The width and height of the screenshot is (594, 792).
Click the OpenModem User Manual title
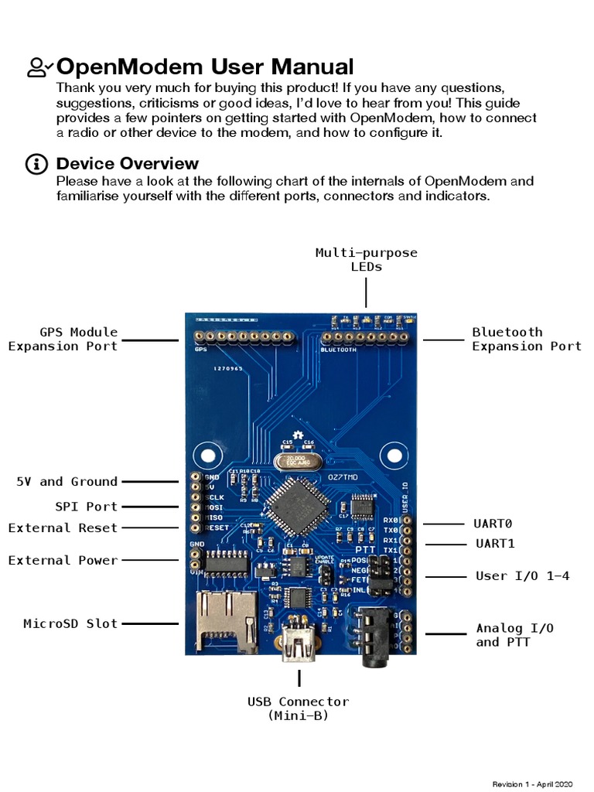(205, 67)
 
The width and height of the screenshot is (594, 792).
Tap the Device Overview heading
(128, 163)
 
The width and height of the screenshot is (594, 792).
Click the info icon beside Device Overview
(36, 164)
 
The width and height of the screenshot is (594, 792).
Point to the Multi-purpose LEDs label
(366, 259)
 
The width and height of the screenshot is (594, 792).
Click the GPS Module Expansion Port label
(63, 340)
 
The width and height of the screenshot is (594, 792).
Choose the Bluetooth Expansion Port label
(526, 340)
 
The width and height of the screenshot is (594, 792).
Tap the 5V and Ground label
(67, 481)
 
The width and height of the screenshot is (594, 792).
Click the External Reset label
(63, 528)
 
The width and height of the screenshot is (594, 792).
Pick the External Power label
(63, 560)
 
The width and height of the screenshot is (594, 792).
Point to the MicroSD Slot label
(70, 623)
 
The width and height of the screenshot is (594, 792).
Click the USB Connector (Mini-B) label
(299, 708)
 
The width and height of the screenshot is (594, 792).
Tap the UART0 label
(493, 524)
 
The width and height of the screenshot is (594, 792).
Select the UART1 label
(495, 544)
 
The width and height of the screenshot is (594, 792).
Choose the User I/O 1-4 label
(522, 575)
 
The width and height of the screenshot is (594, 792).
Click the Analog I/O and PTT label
(514, 635)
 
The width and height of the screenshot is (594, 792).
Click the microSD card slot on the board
(227, 621)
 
